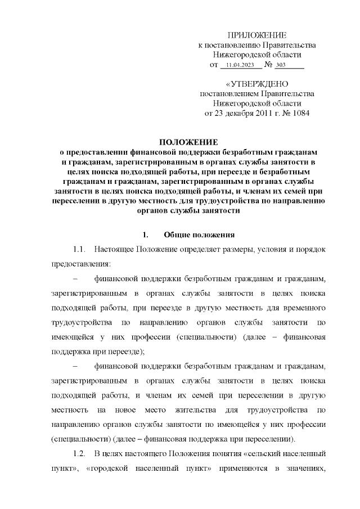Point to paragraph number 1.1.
coord(79,248)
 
